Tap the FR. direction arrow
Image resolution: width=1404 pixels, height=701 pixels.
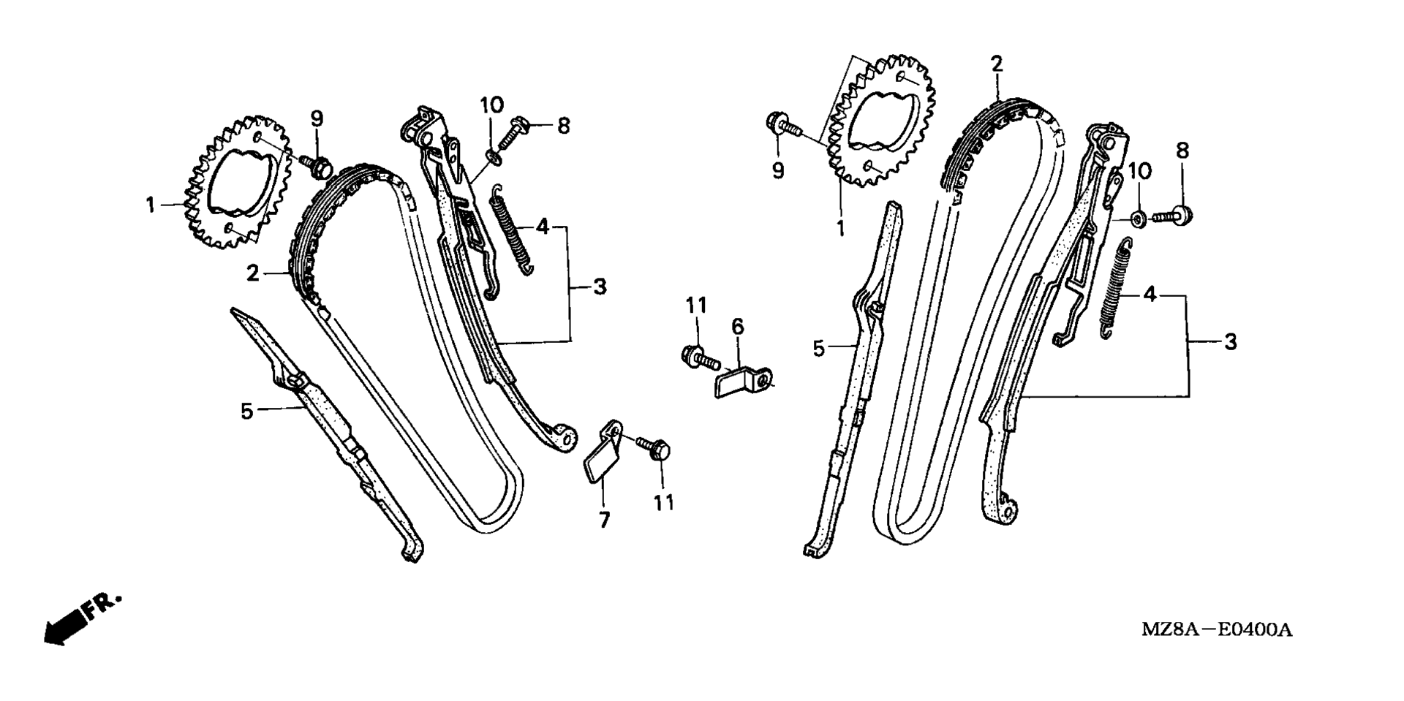coord(81,618)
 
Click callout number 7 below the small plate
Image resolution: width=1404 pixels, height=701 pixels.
coord(604,520)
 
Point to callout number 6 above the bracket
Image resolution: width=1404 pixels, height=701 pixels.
coord(737,327)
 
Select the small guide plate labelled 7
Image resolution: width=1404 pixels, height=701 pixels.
coord(603,453)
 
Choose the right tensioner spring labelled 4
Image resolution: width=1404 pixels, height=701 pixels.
coord(1117,288)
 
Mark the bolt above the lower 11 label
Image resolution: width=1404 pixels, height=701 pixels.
coord(653,447)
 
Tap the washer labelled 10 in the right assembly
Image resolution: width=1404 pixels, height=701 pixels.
coord(1138,218)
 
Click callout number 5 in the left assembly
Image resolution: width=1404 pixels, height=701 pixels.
coord(246,412)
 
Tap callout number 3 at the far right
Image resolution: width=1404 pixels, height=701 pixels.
coord(1231,341)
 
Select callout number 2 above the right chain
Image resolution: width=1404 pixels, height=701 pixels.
coord(997,64)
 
